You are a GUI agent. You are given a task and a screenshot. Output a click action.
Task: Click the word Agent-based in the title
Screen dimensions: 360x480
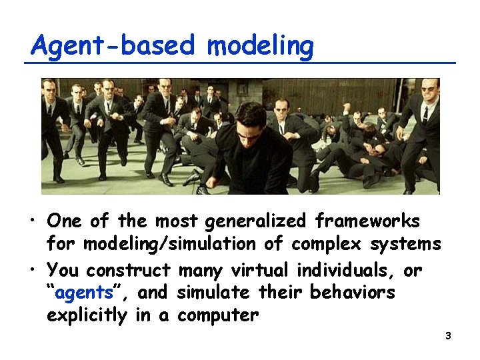[x=113, y=46]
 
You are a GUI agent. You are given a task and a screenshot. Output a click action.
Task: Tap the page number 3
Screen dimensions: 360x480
[x=448, y=336]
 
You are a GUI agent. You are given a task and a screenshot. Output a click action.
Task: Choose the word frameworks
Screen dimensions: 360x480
[x=367, y=220]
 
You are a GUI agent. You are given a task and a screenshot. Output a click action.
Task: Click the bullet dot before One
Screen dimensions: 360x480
[x=32, y=221]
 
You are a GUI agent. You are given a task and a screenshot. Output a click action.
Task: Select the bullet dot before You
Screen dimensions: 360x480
[x=32, y=269]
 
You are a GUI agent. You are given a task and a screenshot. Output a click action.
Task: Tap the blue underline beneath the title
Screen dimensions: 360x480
[x=240, y=63]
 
